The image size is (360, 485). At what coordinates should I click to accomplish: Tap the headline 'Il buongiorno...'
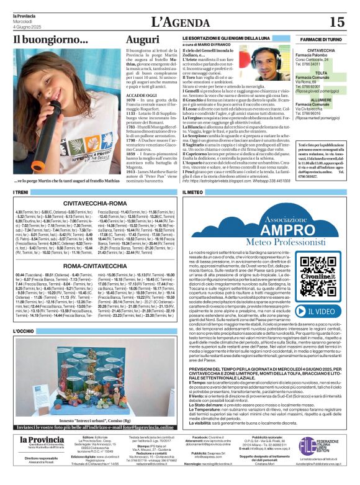pyautogui.click(x=51, y=40)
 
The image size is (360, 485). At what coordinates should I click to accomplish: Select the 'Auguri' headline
pyautogui.click(x=142, y=40)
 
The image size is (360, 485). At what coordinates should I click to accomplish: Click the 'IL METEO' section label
pyautogui.click(x=193, y=193)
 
